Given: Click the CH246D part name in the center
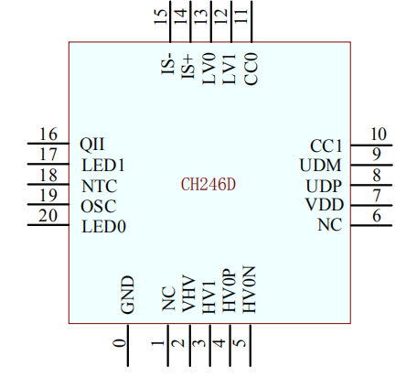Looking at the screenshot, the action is point(208,185).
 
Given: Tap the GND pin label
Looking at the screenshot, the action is point(127,295).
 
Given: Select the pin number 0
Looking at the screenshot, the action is point(119,343).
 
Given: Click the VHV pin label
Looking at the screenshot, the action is point(188,294).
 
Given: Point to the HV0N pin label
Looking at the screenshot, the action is point(249,289).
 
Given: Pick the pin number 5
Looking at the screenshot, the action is point(241,343).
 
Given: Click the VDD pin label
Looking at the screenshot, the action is point(325,205).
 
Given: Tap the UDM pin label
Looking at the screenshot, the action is point(321,166).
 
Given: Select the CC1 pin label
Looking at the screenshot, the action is point(326,146).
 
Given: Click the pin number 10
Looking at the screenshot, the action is point(379,134).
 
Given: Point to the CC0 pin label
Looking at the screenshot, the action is point(251,69).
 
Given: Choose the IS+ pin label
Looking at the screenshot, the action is point(187,67).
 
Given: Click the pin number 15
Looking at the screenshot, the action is point(160,16).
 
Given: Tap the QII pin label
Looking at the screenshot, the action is point(91,144).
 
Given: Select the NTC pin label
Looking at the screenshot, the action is point(100,186).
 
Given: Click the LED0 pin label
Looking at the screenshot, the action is point(103,227).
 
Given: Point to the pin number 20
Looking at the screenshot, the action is point(48,216).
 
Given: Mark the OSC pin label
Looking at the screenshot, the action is point(99,206).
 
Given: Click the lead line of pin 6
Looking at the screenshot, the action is point(371,225).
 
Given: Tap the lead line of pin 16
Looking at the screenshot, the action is point(48,143).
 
